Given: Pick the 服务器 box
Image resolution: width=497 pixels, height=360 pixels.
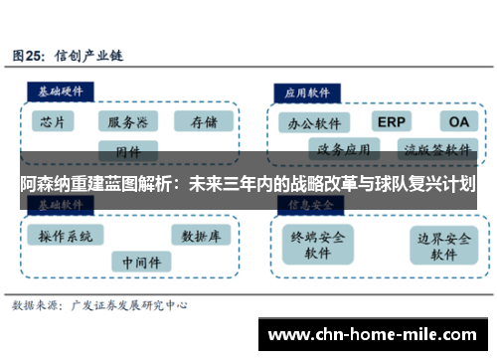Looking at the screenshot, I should click(x=127, y=122).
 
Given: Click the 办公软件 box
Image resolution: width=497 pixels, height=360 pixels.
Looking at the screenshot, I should click(x=313, y=124).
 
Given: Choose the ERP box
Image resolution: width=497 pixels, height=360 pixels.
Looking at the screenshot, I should click(x=392, y=121).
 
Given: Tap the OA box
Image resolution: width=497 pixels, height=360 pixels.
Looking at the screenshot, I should click(x=458, y=121).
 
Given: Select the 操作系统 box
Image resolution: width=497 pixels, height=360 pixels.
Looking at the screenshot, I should click(x=65, y=237).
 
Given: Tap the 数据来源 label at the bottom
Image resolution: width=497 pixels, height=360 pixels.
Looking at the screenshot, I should click(x=37, y=307).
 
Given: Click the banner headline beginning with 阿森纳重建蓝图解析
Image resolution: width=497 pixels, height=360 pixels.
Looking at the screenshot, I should click(x=248, y=184).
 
